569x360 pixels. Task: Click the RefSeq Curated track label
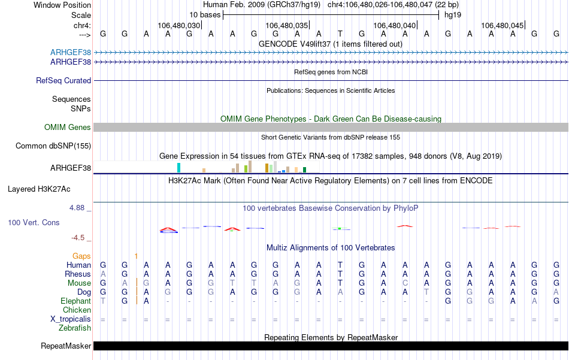[63, 80]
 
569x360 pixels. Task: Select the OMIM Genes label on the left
[67, 127]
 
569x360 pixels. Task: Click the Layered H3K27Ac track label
[39, 189]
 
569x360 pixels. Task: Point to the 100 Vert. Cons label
[34, 222]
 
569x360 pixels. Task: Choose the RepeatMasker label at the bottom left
[66, 346]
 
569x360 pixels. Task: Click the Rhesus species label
[78, 274]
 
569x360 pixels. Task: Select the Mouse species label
[79, 283]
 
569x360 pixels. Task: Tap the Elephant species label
[75, 301]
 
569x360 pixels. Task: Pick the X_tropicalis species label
[71, 319]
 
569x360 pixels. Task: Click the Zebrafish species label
[75, 328]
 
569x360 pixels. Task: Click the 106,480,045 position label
[502, 26]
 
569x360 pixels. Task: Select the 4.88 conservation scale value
[78, 208]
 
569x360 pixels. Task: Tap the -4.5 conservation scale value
[79, 238]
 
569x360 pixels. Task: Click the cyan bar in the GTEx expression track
[178, 168]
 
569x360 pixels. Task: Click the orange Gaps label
[81, 256]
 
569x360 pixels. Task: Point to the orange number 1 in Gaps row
[137, 256]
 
